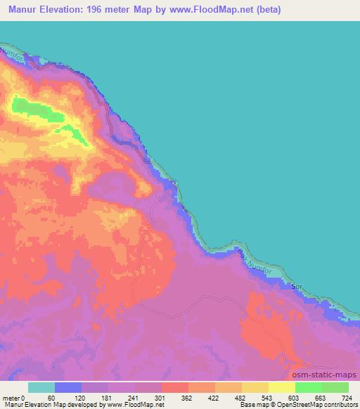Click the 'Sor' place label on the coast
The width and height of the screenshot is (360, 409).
tap(297, 287)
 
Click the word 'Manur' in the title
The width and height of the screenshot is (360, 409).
tap(27, 10)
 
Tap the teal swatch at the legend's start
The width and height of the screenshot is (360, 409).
tap(41, 387)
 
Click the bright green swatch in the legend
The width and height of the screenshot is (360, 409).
tap(308, 387)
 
